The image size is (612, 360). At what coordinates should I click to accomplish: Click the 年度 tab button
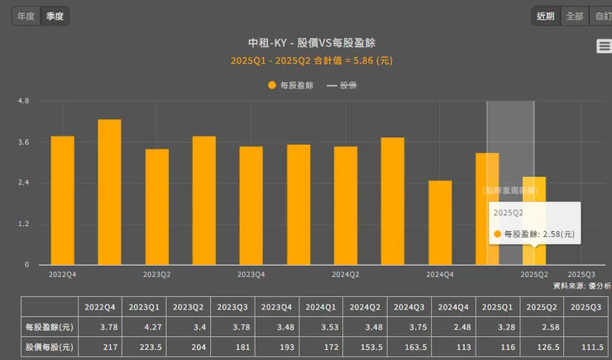click(26, 16)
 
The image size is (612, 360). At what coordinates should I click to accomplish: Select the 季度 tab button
click(56, 16)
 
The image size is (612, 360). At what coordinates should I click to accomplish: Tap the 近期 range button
click(546, 16)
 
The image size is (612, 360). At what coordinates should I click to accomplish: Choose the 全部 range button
click(573, 16)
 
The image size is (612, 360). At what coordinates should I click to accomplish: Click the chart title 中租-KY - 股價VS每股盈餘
click(307, 43)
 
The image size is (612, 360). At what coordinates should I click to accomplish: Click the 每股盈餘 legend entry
click(291, 85)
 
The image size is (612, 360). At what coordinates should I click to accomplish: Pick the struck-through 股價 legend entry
click(342, 85)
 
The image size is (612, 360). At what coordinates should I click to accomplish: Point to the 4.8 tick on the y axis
click(23, 101)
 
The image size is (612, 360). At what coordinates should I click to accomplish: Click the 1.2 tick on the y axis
click(23, 223)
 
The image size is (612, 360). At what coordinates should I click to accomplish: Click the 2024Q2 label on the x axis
click(346, 274)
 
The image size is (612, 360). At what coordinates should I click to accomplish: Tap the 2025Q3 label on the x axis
click(581, 274)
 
